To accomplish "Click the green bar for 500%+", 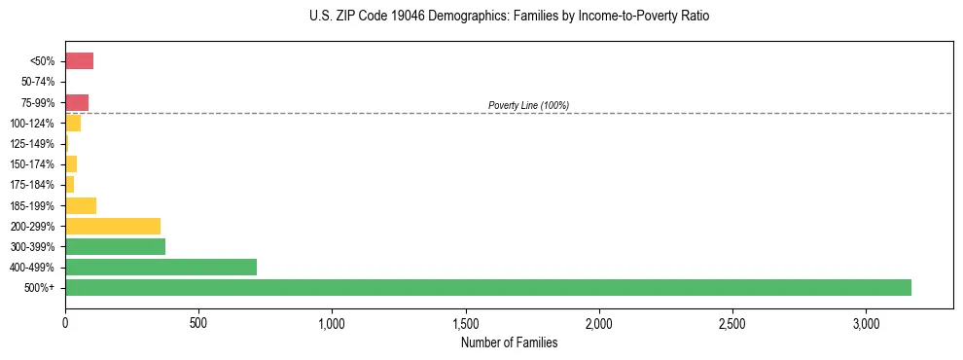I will (487, 287).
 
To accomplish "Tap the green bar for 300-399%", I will (115, 246).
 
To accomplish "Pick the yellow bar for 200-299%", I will (113, 226).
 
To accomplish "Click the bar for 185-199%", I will (81, 205).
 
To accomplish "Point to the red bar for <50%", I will (79, 61).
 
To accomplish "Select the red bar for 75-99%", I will (77, 102).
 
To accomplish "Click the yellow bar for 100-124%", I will (73, 124).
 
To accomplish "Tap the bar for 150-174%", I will (71, 164).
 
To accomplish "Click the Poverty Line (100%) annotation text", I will (528, 105).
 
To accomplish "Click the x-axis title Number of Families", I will (509, 342).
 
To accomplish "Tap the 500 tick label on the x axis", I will (198, 323).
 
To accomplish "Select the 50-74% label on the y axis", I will (38, 82).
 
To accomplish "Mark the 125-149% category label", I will (34, 144).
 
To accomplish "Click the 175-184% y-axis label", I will (34, 185).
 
